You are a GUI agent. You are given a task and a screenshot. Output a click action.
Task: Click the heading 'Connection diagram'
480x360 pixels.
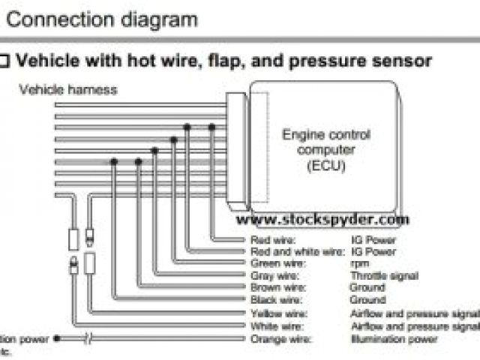click(101, 18)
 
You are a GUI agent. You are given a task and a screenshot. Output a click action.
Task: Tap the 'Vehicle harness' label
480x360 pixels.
click(68, 89)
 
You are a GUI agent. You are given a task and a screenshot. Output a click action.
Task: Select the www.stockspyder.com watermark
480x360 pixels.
click(323, 220)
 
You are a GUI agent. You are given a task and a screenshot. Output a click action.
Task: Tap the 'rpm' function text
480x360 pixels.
click(358, 264)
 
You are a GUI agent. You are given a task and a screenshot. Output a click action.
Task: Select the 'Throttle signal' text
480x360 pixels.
click(384, 276)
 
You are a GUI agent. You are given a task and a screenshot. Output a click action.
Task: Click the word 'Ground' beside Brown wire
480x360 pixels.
click(367, 287)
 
